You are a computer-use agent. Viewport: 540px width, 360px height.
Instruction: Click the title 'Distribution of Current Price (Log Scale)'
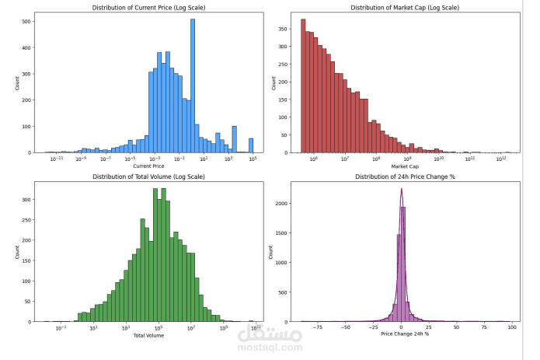point(148,8)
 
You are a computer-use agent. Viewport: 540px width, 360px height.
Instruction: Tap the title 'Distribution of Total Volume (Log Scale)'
point(148,177)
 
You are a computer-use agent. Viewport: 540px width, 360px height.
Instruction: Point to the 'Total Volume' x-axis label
point(148,335)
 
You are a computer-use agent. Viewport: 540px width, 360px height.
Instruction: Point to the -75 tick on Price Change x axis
point(317,327)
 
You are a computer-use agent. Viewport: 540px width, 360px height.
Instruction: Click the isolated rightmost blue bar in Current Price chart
point(251,145)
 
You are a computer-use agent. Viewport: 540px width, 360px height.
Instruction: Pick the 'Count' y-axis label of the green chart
point(17,253)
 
